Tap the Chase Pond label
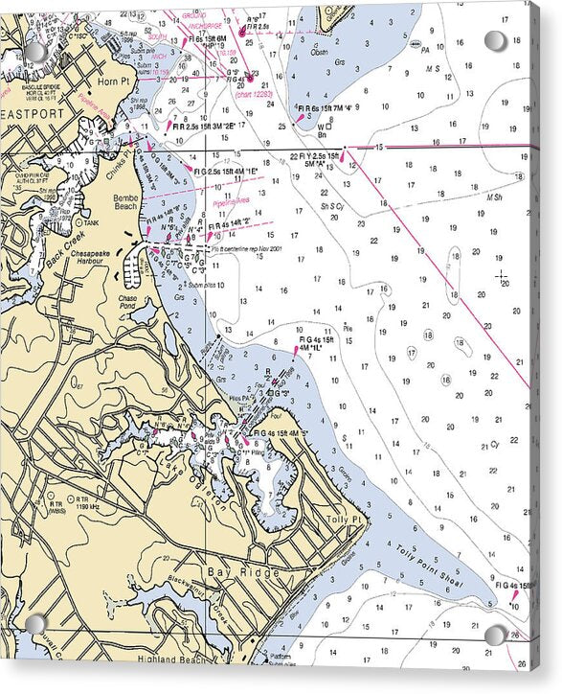(129, 302)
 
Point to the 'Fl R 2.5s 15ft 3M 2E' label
(203, 125)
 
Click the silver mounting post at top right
(495, 40)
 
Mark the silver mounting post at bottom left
(35, 624)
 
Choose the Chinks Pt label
(121, 156)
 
